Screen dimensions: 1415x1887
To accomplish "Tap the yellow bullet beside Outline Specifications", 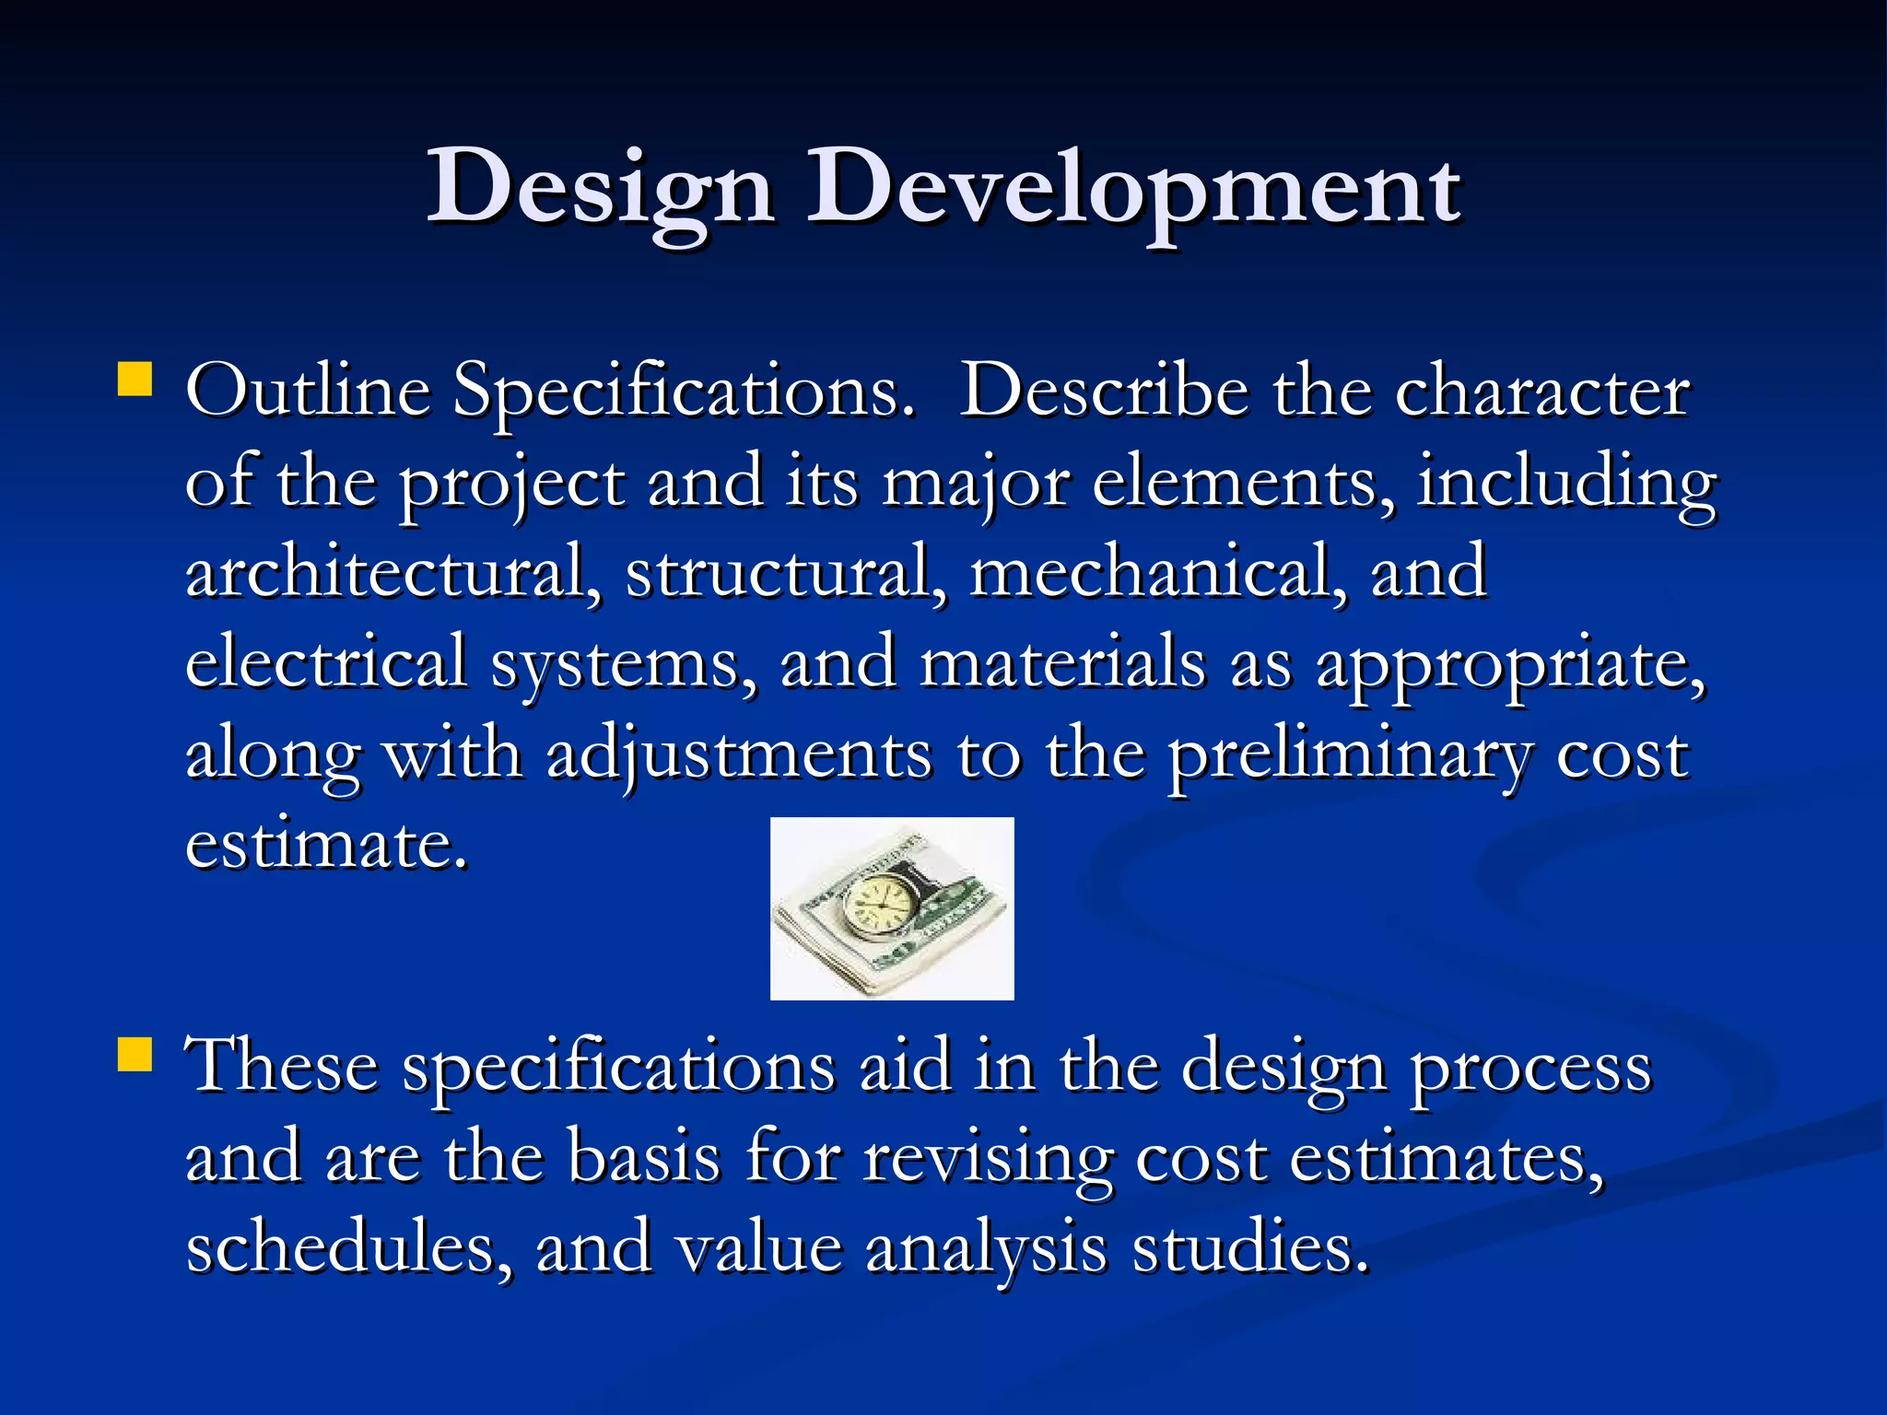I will pos(135,379).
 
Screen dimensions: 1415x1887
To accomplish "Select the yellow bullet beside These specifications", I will pos(135,1055).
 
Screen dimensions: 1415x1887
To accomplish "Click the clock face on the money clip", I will pos(877,902).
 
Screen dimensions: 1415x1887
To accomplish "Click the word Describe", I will pos(1104,391).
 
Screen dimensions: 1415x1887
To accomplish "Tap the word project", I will pos(511,484).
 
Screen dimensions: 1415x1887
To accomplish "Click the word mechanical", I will pos(1152,571).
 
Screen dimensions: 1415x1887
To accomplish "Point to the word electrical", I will pos(326,661).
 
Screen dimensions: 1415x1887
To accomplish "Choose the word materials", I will pos(1062,661).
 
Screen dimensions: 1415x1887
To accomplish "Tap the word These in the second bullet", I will pos(282,1066).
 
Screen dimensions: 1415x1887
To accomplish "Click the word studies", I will pos(1249,1248).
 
